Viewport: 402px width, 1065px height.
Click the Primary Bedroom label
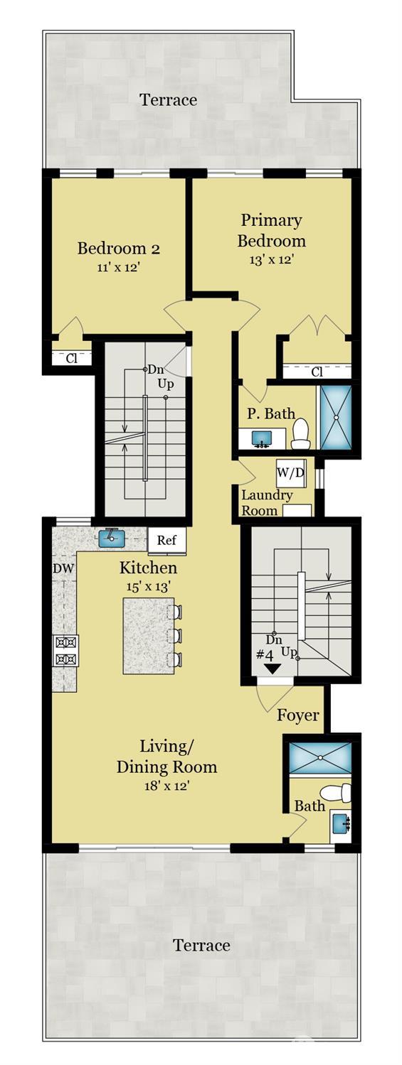[x=271, y=230]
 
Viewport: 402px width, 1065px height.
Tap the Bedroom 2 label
[x=118, y=249]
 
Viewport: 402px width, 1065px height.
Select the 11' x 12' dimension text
[x=118, y=268]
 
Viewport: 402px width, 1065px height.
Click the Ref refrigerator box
[x=166, y=540]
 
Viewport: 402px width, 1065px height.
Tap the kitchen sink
[x=112, y=538]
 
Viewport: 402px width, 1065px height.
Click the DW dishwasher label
[x=63, y=568]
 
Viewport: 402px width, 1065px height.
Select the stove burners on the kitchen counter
[x=66, y=650]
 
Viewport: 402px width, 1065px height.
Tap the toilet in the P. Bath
[x=300, y=433]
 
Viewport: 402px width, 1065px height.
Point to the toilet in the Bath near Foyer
[x=336, y=793]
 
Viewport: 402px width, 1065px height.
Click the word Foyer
[x=298, y=715]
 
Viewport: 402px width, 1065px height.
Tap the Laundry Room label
[x=266, y=502]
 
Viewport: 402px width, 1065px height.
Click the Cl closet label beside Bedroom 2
[x=71, y=359]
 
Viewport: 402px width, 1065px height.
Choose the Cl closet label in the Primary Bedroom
[x=317, y=372]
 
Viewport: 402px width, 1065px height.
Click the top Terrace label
[x=168, y=99]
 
